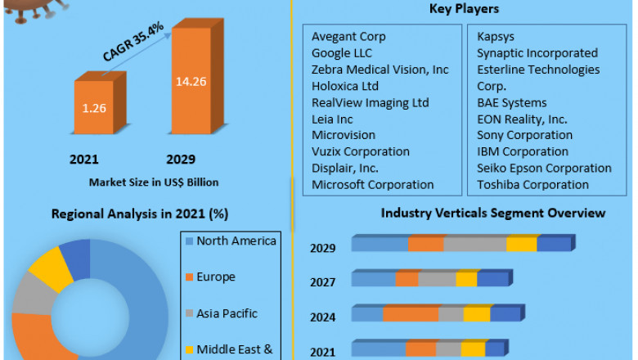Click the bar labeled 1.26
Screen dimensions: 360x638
point(97,106)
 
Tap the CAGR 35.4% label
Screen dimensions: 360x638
point(134,43)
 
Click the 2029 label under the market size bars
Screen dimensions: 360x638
point(181,160)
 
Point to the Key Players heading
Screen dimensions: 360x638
point(464,9)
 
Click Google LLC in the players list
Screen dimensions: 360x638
point(342,53)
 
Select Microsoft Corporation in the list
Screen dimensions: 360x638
point(372,184)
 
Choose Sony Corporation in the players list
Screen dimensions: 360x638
point(524,135)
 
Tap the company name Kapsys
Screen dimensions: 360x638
point(497,37)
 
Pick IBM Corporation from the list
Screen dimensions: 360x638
point(522,151)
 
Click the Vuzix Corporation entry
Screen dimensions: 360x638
point(360,151)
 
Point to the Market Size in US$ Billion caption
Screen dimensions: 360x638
point(153,182)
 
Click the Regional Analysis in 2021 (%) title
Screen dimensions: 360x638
point(140,214)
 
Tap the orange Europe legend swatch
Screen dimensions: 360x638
point(189,277)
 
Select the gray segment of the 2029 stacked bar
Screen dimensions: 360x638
point(475,244)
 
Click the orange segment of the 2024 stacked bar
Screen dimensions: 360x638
point(411,314)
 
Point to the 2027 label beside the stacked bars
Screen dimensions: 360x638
point(321,282)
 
